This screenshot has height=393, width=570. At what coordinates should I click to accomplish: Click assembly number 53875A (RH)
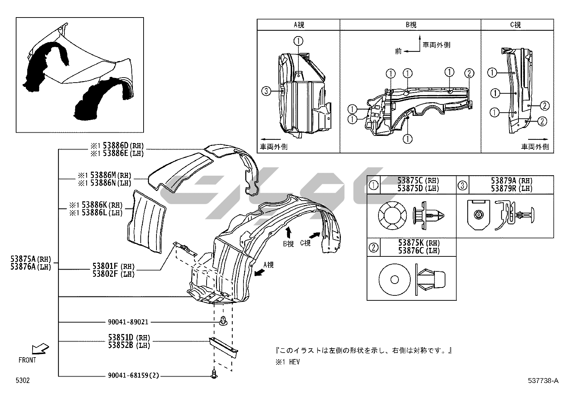[31, 259]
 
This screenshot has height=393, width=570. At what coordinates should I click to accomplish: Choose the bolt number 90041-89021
[128, 322]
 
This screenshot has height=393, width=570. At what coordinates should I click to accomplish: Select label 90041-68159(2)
[133, 375]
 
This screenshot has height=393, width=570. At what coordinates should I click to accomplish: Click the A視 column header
[299, 25]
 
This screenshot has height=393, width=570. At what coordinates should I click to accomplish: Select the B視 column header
[411, 25]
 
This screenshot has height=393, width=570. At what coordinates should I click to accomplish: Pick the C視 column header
[515, 25]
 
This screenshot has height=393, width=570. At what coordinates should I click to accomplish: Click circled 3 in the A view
[266, 91]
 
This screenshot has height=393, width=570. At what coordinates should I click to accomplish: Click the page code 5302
[23, 380]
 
